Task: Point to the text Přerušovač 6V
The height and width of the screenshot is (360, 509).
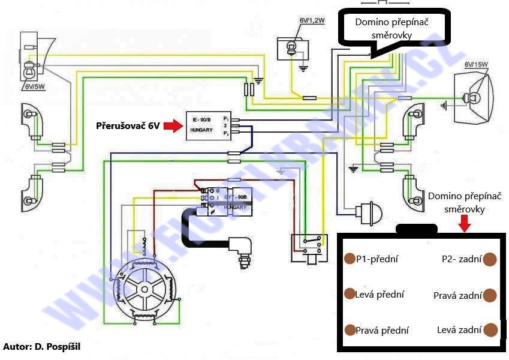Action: pyautogui.click(x=127, y=127)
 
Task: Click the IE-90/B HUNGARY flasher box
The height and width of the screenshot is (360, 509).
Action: pyautogui.click(x=207, y=126)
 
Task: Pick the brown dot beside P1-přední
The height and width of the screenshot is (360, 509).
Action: pyautogui.click(x=350, y=259)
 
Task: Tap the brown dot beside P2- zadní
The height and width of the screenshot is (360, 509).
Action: pyautogui.click(x=490, y=259)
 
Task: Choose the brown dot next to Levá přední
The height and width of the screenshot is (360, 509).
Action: pyautogui.click(x=350, y=294)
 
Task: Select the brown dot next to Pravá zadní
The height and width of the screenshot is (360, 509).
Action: pyautogui.click(x=490, y=295)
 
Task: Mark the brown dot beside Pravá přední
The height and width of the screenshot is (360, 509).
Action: pyautogui.click(x=350, y=329)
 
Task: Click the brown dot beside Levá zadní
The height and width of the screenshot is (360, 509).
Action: pyautogui.click(x=490, y=329)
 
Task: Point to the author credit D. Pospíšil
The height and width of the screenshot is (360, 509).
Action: pyautogui.click(x=41, y=347)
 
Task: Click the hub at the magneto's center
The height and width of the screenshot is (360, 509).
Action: pyautogui.click(x=144, y=289)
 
